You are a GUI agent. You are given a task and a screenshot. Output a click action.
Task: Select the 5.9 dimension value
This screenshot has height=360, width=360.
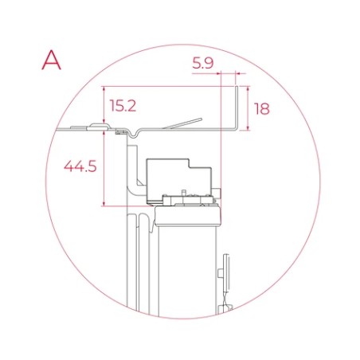coord(204,61)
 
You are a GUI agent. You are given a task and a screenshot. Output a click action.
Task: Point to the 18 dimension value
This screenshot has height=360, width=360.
coord(263,108)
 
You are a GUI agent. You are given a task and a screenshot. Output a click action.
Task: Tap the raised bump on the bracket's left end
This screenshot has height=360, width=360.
coord(98,125)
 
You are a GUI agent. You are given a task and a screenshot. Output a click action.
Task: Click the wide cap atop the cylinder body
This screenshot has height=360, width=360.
coord(188,213)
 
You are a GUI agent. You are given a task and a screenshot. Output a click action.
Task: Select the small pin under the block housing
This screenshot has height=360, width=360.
coord(184,194)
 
